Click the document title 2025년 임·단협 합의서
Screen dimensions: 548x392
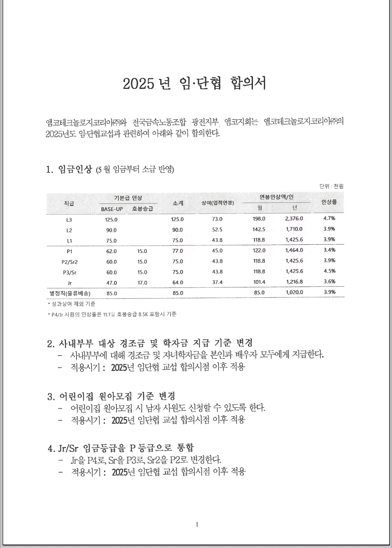point(195,84)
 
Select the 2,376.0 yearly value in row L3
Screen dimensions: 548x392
point(294,219)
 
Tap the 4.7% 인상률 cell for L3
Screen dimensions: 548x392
point(329,218)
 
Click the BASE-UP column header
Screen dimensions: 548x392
point(112,209)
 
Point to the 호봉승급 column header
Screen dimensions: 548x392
point(143,209)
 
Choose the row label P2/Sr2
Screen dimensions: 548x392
point(69,261)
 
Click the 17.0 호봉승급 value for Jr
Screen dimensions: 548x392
point(142,283)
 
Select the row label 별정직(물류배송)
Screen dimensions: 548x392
point(70,293)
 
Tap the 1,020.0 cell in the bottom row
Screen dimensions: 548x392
point(294,292)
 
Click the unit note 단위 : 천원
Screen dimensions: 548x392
point(331,186)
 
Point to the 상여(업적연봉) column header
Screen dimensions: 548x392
point(218,203)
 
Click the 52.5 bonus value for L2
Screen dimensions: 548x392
point(217,230)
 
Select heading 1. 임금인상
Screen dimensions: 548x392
point(70,169)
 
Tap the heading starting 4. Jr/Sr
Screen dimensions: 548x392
point(121,448)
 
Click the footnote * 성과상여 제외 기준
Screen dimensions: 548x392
point(72,304)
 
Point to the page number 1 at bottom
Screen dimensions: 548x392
point(197,524)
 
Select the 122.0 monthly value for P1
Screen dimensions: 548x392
point(259,250)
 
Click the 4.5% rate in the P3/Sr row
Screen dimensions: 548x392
point(329,271)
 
